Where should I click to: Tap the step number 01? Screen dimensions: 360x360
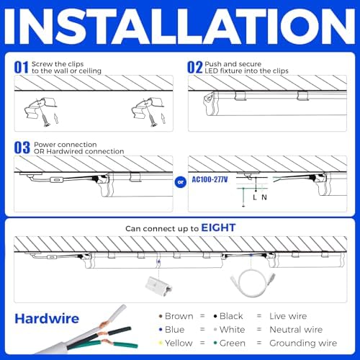pyautogui.click(x=22, y=67)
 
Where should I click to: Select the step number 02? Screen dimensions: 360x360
pyautogui.click(x=194, y=67)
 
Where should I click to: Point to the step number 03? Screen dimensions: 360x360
pyautogui.click(x=22, y=148)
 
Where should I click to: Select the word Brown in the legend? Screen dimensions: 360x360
pyautogui.click(x=179, y=316)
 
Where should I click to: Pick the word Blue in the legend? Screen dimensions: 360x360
pyautogui.click(x=175, y=330)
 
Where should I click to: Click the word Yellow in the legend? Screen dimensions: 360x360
pyautogui.click(x=179, y=343)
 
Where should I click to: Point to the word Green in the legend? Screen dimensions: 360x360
pyautogui.click(x=233, y=343)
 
